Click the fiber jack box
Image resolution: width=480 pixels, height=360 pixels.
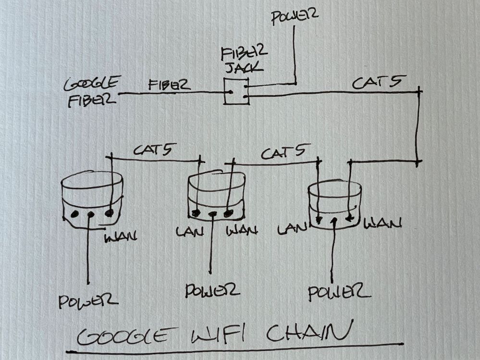(236, 91)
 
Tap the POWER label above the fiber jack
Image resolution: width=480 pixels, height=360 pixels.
(294, 18)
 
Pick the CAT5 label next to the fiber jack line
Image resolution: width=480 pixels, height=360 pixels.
(376, 83)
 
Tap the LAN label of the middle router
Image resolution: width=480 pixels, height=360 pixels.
(189, 231)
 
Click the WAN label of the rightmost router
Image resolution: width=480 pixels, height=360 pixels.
(383, 223)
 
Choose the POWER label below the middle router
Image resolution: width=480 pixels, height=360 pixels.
(212, 290)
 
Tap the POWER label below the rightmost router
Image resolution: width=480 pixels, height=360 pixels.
(339, 292)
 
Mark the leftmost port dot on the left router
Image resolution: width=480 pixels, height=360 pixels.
(74, 214)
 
